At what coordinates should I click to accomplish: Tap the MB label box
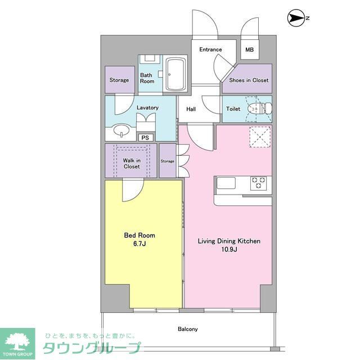[249, 49]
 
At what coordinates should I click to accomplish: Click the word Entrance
[210, 49]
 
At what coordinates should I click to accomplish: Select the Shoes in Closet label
[248, 80]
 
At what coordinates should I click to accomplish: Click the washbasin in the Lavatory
[120, 130]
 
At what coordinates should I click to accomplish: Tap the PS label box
[145, 137]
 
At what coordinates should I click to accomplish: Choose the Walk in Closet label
[132, 163]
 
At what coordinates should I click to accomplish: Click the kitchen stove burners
[258, 183]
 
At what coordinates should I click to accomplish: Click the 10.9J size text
[228, 249]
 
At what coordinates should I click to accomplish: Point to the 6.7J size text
[139, 244]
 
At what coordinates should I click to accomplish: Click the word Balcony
[187, 329]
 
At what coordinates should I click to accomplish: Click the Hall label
[191, 109]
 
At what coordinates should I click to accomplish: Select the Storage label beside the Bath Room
[119, 80]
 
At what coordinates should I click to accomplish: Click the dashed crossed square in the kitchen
[259, 137]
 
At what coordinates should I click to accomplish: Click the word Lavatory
[147, 107]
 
